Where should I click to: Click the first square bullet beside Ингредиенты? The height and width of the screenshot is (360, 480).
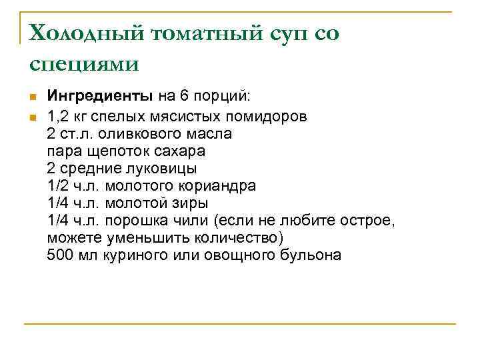tap(32, 98)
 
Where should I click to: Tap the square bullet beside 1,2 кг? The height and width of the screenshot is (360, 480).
tap(32, 117)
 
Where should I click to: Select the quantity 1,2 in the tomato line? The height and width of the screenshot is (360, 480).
tap(59, 116)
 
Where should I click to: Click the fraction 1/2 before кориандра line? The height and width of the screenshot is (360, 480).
tap(59, 185)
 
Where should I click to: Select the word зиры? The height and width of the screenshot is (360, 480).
tap(193, 203)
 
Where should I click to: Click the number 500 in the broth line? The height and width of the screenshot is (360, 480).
tap(61, 255)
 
